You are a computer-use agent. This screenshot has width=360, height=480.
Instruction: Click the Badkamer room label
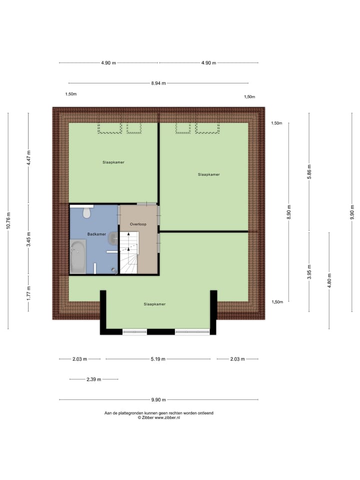(x=96, y=234)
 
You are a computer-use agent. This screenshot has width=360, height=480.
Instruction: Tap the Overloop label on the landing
(x=137, y=224)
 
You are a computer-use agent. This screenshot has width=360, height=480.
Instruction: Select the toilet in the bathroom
(x=86, y=213)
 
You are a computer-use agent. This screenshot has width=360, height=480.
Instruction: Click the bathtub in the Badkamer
(x=78, y=256)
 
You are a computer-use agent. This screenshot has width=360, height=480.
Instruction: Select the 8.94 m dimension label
(x=158, y=83)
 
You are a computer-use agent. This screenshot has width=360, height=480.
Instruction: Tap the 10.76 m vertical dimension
(x=8, y=220)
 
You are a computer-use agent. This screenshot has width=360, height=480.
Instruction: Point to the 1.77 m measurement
(x=28, y=292)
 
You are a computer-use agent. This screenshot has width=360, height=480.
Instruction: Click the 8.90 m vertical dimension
(x=289, y=212)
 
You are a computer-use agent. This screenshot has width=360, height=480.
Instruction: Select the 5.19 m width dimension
(x=158, y=359)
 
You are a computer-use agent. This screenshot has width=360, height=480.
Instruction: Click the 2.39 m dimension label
(x=93, y=379)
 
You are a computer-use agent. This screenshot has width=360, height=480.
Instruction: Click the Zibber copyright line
(x=158, y=417)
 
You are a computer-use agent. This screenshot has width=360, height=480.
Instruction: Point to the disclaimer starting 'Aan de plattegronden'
(x=158, y=413)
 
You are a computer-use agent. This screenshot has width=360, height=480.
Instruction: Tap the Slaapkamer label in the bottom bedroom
(x=154, y=304)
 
